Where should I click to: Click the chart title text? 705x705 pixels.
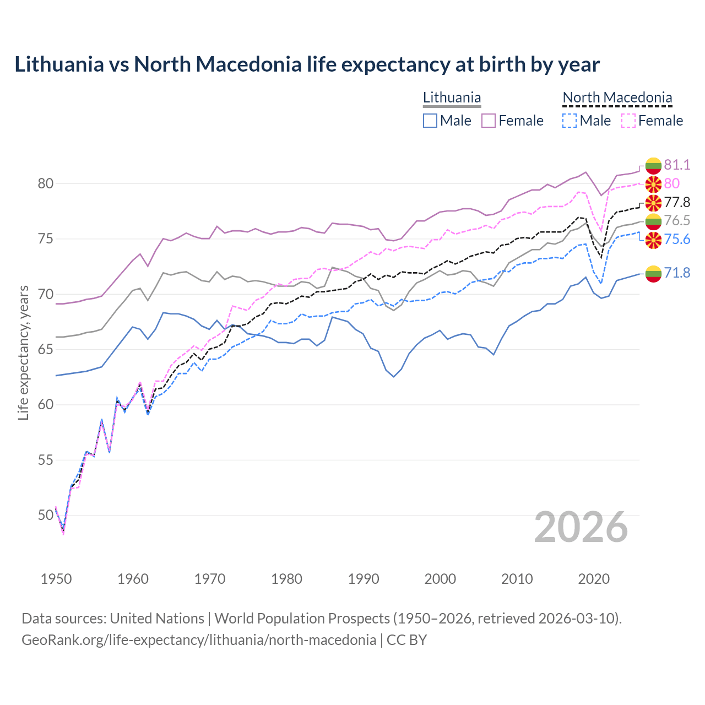[x=307, y=64]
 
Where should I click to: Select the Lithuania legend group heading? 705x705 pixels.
[x=452, y=97]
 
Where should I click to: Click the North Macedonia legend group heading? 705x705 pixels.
[x=617, y=97]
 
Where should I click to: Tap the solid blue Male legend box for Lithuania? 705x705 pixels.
[x=430, y=121]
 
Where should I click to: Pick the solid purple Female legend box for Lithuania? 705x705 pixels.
[x=489, y=121]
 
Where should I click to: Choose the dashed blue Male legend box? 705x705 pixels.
[x=570, y=121]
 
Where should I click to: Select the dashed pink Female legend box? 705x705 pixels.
[x=628, y=121]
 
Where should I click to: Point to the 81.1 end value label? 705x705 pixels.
[x=676, y=165]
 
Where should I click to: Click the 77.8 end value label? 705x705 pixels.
[x=676, y=202]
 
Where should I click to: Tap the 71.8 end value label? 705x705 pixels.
[x=676, y=273]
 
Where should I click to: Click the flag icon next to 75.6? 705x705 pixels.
[x=653, y=240]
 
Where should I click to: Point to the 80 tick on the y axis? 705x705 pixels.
[x=45, y=183]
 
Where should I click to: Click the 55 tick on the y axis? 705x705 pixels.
[x=45, y=460]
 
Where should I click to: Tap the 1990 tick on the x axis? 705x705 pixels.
[x=364, y=579]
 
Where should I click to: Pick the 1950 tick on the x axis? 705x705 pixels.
[x=56, y=579]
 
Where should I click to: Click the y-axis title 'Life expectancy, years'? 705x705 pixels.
[x=23, y=352]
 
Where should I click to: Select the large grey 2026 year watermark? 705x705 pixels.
[x=581, y=527]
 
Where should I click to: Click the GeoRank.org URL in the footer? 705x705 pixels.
[x=199, y=639]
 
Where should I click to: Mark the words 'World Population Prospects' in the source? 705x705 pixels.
[x=302, y=619]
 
